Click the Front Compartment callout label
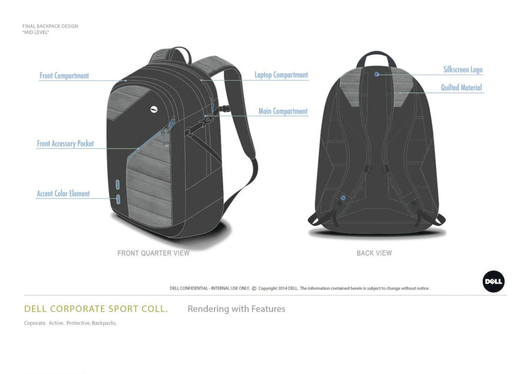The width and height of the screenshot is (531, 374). coord(64,76)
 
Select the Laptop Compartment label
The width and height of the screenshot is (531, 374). coord(281,75)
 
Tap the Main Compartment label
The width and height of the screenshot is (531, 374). coord(283,111)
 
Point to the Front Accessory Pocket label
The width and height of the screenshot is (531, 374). coord(65,144)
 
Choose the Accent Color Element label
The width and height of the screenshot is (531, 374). coord(63,194)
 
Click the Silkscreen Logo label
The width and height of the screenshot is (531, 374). coord(463,70)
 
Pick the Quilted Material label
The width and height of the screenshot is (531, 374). coord(461,88)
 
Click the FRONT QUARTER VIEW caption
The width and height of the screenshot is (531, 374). coord(153,253)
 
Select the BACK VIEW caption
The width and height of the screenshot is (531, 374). coord(374,253)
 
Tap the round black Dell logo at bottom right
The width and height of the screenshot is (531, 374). coord(493,282)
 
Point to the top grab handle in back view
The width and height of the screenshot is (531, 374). coord(376,55)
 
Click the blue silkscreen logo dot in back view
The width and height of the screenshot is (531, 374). coord(377,74)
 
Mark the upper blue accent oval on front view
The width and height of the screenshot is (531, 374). coord(118,184)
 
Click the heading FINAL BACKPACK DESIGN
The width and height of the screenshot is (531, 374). coord(50,26)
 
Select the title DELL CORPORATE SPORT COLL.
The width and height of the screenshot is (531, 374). coord(96,309)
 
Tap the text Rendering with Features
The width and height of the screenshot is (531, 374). coord(236,309)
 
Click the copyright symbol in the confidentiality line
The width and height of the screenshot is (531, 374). coord(254,288)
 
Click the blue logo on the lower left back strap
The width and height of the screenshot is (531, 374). coord(343,198)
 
